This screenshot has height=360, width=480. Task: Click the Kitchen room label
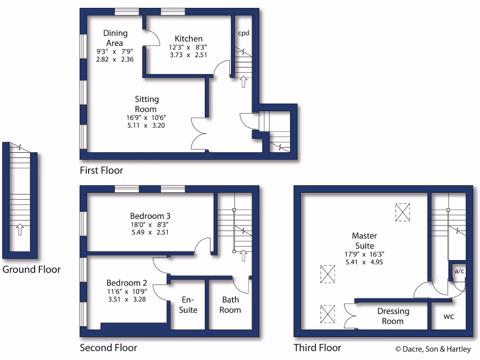[188, 38]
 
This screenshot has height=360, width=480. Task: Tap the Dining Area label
[115, 37]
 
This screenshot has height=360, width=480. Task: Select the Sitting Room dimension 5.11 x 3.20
[147, 125]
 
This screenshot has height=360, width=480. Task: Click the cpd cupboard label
[244, 33]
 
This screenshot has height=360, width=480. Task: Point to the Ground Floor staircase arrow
[20, 229]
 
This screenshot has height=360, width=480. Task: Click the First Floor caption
[101, 170]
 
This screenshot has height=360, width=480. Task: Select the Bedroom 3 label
[150, 216]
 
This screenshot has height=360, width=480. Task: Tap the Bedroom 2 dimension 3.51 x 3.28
[127, 299]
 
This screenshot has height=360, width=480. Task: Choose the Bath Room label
[230, 305]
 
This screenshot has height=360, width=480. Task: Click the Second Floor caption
[108, 348]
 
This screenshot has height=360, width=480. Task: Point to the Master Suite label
[364, 241]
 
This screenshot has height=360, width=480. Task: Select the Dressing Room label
[393, 316]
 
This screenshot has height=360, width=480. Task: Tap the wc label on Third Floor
[449, 316]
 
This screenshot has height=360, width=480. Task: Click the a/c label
[457, 270]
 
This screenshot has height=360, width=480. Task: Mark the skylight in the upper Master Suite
[402, 212]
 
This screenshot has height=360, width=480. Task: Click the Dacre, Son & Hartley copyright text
[433, 349]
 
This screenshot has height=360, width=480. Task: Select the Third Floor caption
[317, 348]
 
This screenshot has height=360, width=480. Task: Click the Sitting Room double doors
[199, 134]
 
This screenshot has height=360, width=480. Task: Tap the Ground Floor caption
[31, 270]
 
